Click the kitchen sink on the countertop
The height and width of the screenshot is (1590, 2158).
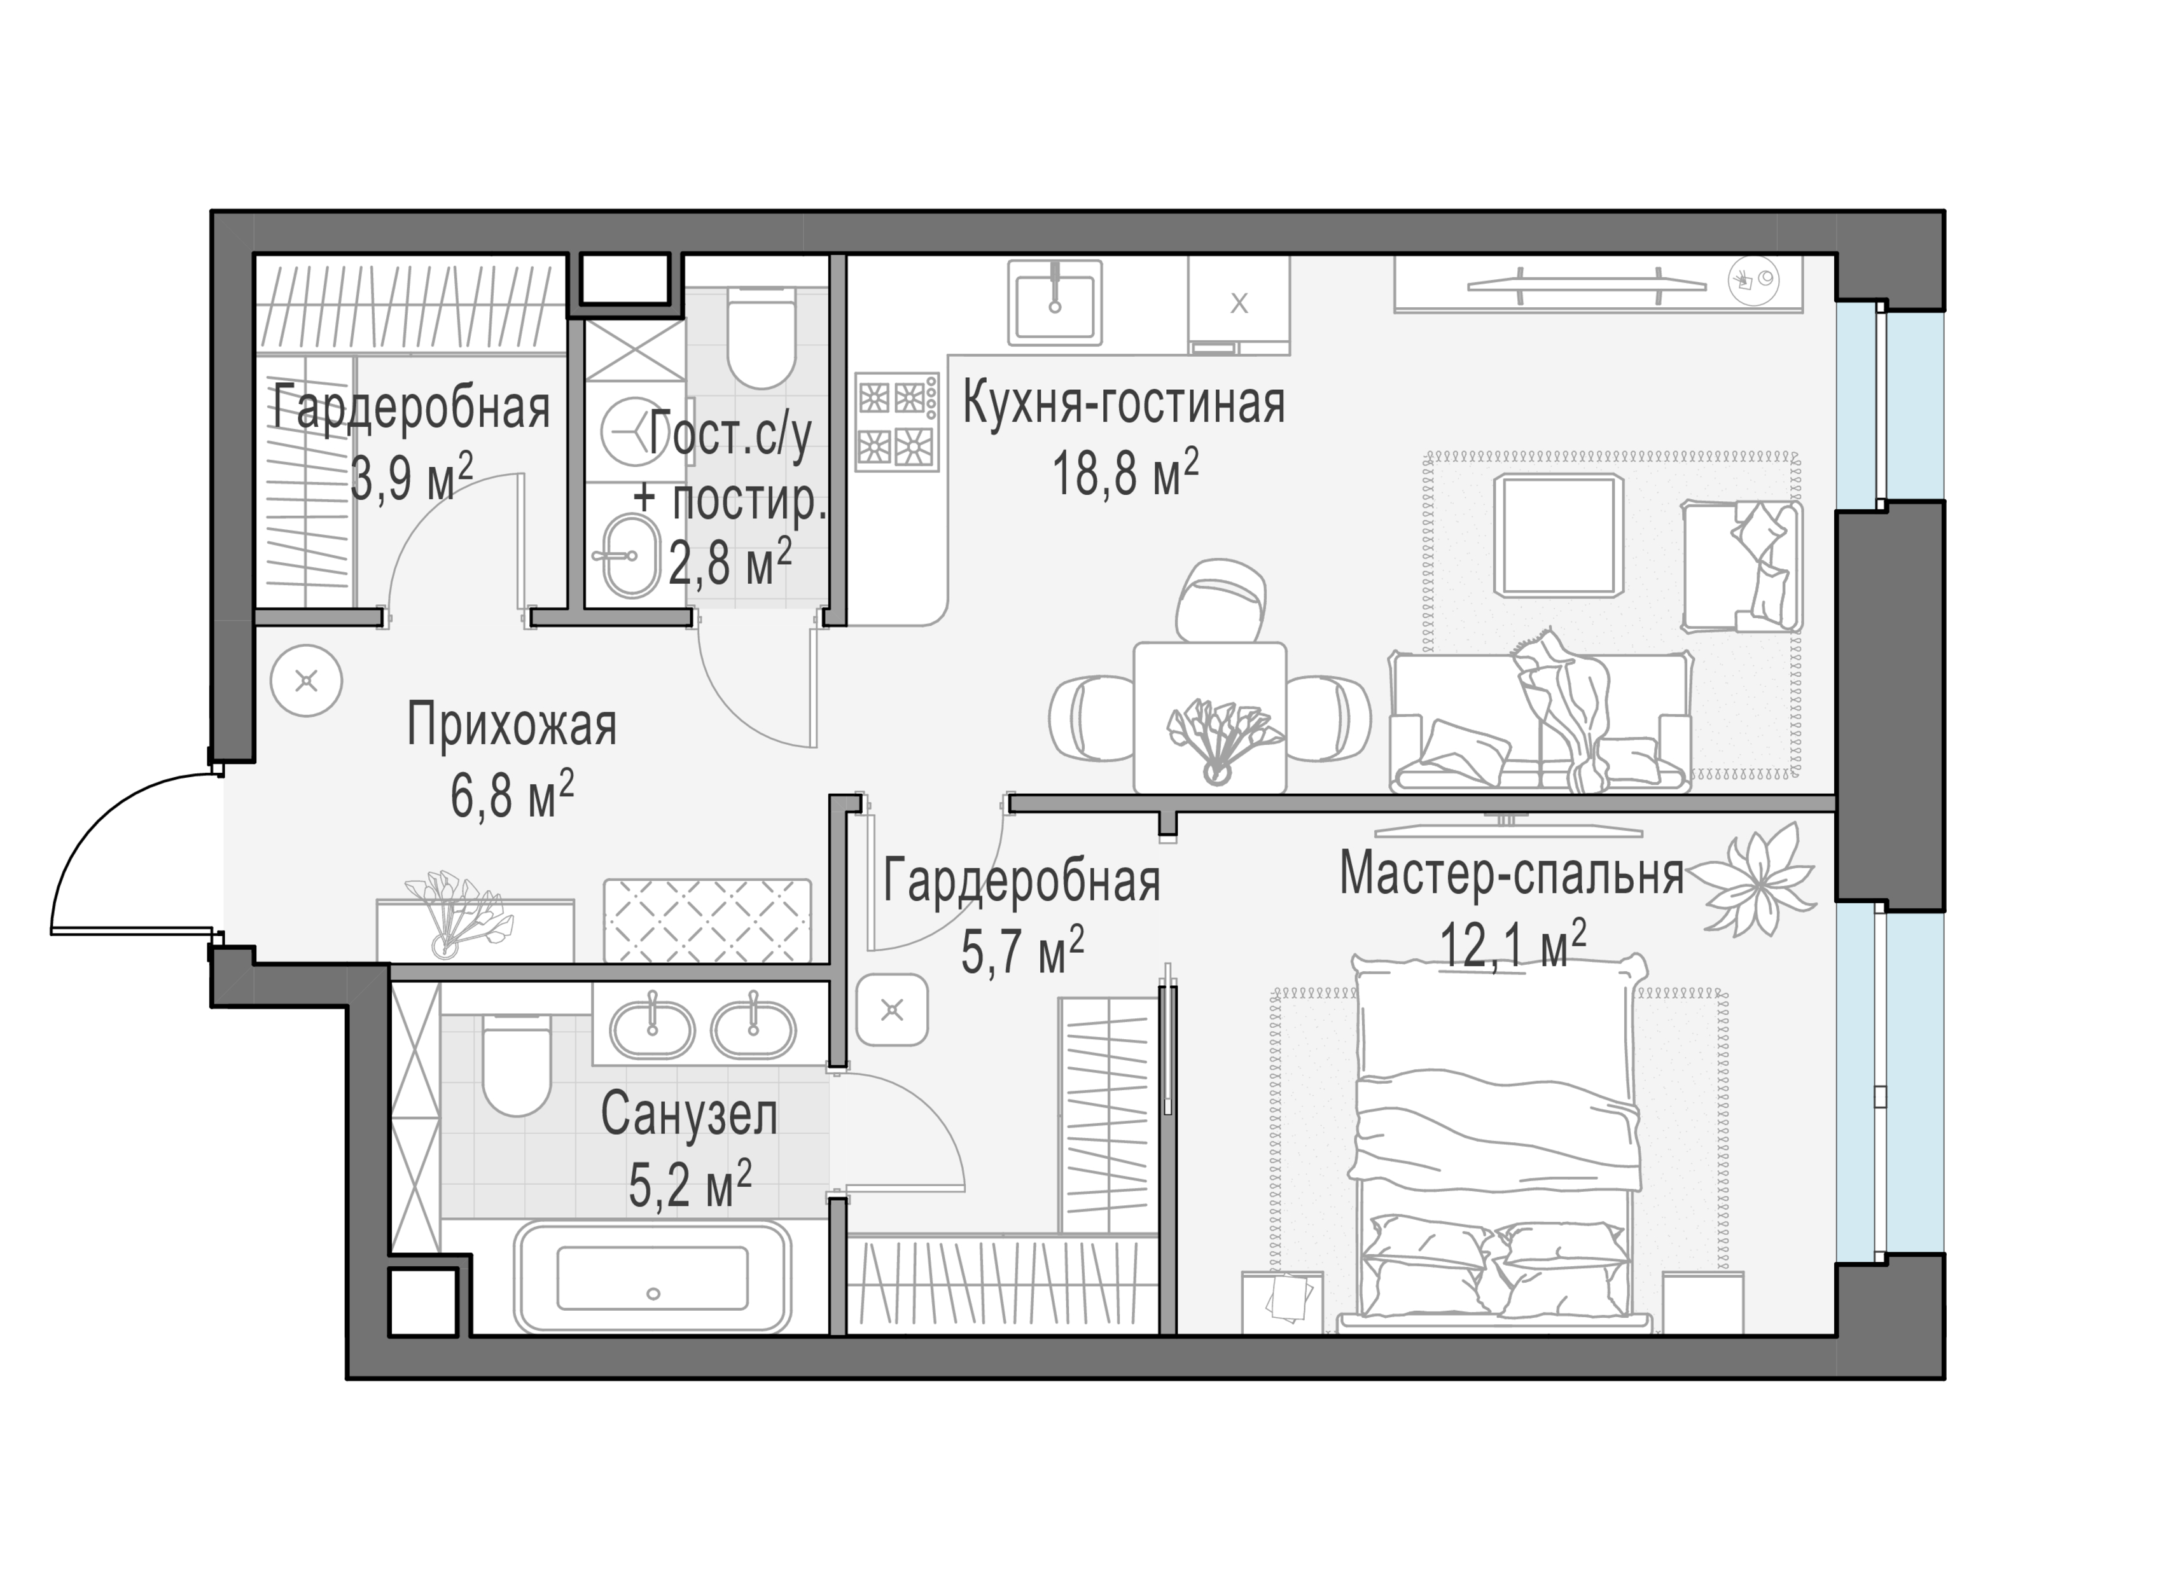(x=1054, y=302)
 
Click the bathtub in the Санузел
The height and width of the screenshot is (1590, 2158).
(x=653, y=1277)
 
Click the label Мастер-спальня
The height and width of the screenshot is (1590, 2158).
(x=1511, y=873)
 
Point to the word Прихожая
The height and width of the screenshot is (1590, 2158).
(x=511, y=725)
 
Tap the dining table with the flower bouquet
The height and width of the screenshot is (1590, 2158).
(x=1210, y=717)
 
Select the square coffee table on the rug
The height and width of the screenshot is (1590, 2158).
(x=1558, y=535)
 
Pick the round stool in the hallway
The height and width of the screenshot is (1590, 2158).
(x=306, y=681)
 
